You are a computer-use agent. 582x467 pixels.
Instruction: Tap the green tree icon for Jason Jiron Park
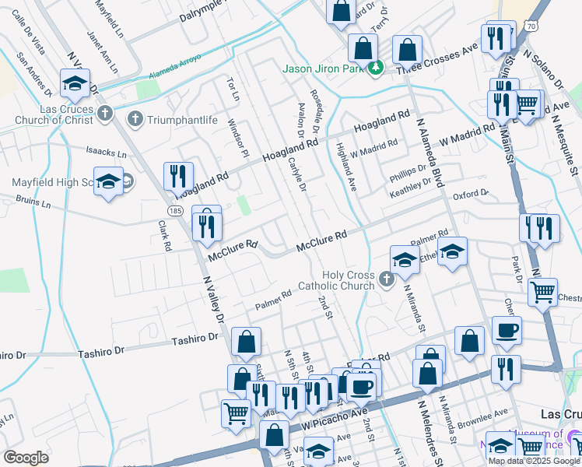[376, 68]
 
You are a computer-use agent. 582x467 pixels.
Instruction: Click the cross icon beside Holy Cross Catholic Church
[387, 278]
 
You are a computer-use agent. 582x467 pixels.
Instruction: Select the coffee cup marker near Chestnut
[507, 329]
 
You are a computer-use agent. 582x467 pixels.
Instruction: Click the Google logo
[26, 458]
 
